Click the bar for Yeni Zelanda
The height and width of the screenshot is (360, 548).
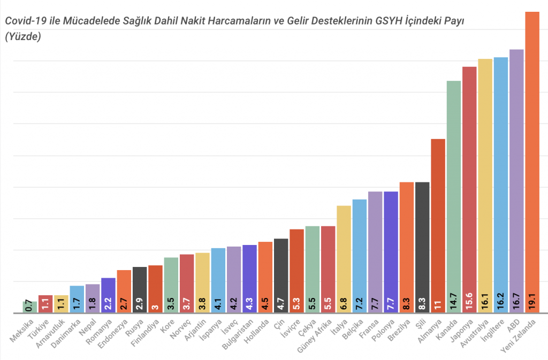[532, 160]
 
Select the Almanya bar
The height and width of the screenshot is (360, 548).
[438, 225]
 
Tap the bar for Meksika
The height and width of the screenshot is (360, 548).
[29, 307]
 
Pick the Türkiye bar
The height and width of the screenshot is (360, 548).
[45, 304]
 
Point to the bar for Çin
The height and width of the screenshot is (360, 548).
[281, 275]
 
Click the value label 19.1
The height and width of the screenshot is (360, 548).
[532, 304]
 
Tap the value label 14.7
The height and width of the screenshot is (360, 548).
[454, 304]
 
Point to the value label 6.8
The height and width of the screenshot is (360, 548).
[344, 304]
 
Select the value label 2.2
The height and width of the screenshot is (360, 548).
[108, 304]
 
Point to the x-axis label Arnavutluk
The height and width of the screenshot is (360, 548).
[54, 333]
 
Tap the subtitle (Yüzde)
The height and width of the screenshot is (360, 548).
[23, 37]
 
